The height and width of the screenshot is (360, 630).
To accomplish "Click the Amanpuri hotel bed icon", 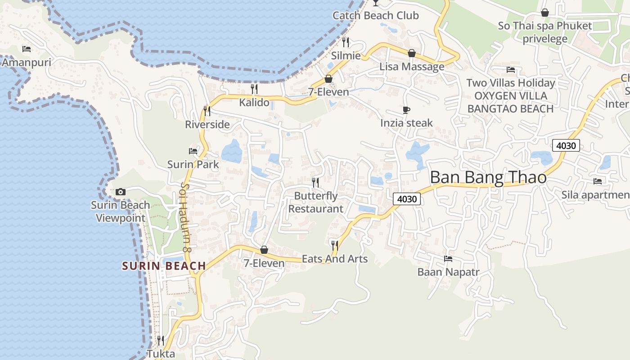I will click(x=27, y=49).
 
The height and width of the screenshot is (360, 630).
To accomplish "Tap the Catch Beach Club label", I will click(x=375, y=16).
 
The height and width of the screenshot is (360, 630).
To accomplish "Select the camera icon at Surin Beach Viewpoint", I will click(x=120, y=192).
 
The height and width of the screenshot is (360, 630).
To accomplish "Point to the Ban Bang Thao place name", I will click(x=488, y=177).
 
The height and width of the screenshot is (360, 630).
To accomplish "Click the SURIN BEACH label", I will click(x=164, y=266).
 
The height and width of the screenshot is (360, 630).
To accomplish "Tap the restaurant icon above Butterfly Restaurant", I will click(x=315, y=182).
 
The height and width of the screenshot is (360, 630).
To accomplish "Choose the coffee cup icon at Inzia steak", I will click(x=406, y=110).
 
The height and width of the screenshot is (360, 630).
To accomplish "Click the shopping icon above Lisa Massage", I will click(x=411, y=53).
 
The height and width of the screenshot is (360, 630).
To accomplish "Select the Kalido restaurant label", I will click(x=254, y=103).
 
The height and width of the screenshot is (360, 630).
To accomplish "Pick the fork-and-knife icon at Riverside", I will click(x=207, y=110).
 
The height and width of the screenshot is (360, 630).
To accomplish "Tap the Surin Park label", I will click(x=193, y=164).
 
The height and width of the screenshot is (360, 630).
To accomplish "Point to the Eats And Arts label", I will click(x=335, y=259).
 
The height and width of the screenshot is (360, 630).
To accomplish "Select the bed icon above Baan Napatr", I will click(x=448, y=259).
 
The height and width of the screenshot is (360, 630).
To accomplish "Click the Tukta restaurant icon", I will click(x=161, y=340).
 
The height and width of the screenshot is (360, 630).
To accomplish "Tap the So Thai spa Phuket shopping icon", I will click(x=544, y=13).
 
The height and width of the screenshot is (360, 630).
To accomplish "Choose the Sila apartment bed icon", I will click(x=598, y=181).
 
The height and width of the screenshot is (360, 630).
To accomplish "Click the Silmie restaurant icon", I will click(x=346, y=42).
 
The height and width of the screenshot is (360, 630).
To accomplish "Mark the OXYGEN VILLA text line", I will click(x=511, y=96).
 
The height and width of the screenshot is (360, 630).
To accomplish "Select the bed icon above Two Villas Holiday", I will click(x=511, y=70).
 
